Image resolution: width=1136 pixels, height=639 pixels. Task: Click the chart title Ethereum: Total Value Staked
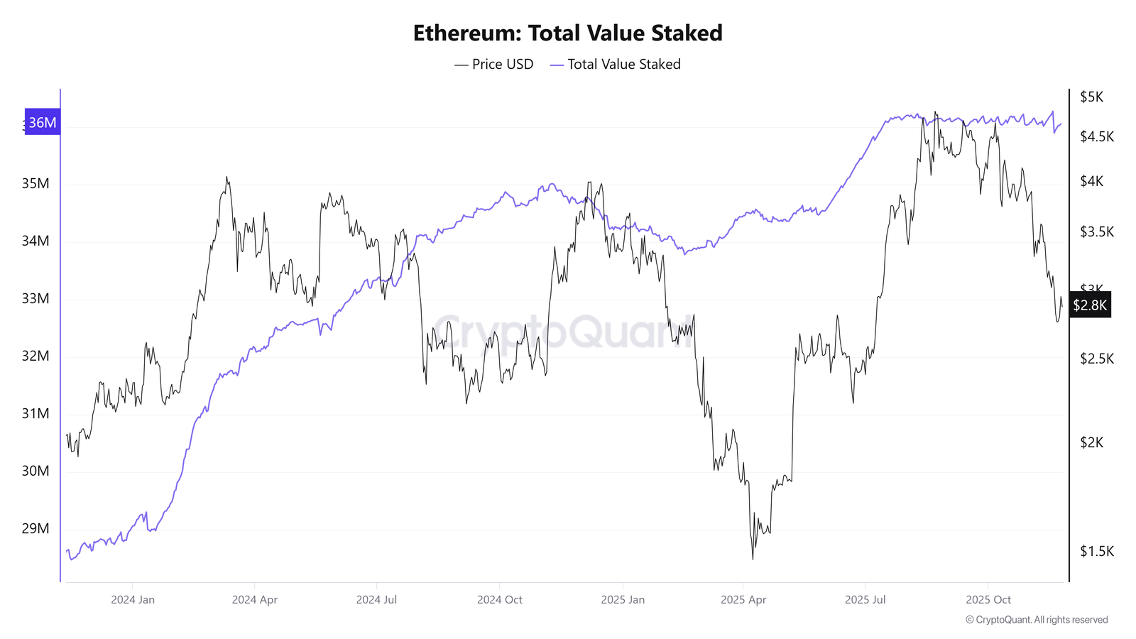pos(567,33)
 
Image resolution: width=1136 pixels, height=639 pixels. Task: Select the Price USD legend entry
pos(494,65)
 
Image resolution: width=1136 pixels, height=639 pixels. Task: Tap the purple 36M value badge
pos(43,122)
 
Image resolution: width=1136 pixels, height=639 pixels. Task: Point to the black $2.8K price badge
pos(1090,305)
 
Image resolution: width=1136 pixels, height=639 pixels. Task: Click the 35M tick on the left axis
pos(35,184)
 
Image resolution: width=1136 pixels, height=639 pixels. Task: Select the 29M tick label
pos(35,528)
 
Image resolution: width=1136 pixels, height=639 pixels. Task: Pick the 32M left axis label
pos(35,356)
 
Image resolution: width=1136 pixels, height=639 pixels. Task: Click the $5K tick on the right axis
pos(1091,97)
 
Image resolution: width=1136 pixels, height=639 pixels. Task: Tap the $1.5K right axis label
pos(1096,551)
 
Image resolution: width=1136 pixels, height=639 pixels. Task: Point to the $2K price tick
pos(1091,442)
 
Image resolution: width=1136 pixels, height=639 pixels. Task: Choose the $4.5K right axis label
pos(1096,136)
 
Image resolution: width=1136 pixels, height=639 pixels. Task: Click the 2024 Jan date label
pos(133,599)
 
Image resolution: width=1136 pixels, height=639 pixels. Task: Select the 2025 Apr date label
pos(743,599)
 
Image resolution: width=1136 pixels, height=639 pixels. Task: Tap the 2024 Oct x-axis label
pos(499,599)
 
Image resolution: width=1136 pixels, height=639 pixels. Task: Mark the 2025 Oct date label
pos(988,599)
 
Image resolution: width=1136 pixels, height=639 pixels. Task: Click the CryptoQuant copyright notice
pos(1037,620)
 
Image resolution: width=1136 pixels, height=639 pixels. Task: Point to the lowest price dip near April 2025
pos(753,558)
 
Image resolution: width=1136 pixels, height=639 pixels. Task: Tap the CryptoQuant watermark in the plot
pos(561,331)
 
